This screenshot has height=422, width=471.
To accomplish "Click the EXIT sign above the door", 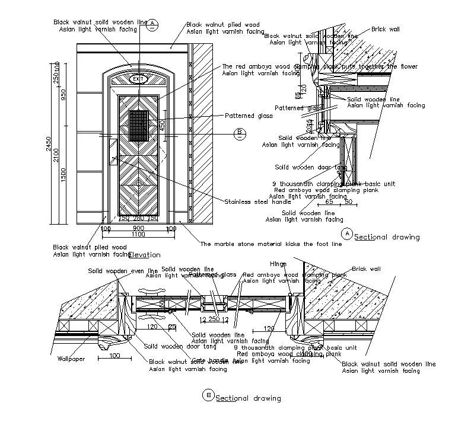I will (139, 79).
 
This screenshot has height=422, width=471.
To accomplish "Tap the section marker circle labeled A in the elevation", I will (153, 23).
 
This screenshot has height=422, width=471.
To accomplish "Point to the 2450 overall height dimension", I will (50, 144).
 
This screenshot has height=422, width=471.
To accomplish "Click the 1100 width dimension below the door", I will (138, 234).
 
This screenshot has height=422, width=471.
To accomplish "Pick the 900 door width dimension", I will (138, 228).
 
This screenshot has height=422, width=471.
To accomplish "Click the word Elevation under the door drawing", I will (144, 255).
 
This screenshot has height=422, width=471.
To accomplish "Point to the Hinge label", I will (278, 264).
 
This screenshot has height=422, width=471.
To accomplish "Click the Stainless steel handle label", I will (250, 202).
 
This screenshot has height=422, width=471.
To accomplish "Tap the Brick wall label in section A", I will (386, 28).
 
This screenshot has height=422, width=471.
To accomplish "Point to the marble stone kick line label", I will (271, 244).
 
